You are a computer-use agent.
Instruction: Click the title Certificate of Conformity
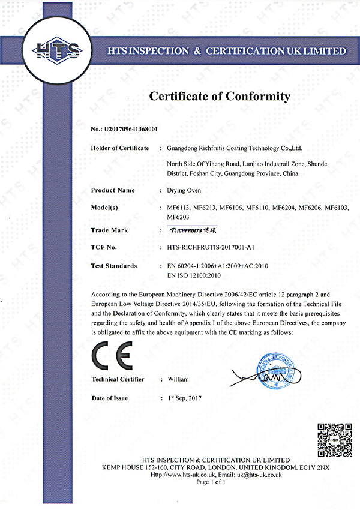[x=219, y=96]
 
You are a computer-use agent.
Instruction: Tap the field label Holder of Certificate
[x=119, y=148]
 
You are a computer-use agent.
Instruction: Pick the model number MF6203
[x=180, y=217]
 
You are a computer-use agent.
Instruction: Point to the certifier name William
[x=178, y=380]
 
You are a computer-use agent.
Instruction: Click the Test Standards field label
[x=114, y=265]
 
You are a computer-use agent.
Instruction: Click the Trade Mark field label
[x=109, y=230]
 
